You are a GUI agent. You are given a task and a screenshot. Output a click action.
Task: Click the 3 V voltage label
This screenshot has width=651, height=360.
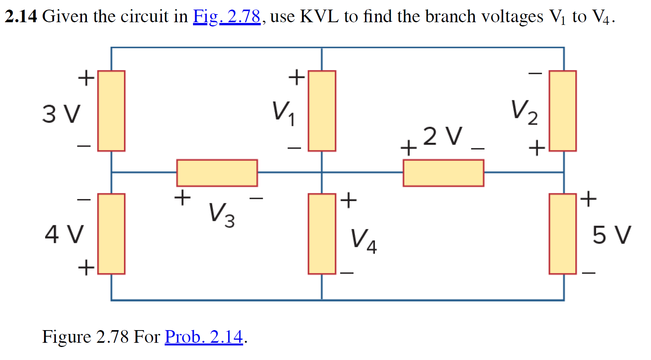pos(61,114)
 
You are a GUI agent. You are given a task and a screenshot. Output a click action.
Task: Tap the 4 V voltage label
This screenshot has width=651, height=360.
pos(64,234)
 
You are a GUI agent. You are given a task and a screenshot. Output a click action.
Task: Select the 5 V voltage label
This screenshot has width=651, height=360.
pos(611,235)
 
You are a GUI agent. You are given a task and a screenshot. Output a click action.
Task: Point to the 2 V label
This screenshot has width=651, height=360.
pos(443,136)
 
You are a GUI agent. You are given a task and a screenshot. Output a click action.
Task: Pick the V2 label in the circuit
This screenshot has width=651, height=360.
pos(524,112)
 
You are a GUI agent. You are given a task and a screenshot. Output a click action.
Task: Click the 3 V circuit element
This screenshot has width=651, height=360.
pos(111,111)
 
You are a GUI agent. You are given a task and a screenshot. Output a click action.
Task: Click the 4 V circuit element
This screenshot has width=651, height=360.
pos(111,234)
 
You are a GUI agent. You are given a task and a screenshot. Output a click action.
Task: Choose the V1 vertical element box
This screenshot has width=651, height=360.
pos(322,111)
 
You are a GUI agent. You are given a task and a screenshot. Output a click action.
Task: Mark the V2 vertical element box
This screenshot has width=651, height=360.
pos(563,111)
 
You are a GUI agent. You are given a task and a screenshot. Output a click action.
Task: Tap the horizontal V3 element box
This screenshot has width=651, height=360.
pos(217,173)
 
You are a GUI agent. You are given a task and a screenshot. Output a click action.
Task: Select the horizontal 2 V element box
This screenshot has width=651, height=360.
pos(443,173)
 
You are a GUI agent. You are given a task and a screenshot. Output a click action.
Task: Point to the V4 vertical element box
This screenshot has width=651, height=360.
pos(322,234)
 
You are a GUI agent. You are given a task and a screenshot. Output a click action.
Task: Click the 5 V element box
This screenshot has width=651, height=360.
pos(563,234)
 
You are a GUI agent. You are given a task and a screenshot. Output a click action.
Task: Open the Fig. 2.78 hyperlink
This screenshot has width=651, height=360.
pos(226,16)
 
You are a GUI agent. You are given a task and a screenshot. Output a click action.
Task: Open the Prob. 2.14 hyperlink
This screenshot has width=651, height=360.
pos(204,337)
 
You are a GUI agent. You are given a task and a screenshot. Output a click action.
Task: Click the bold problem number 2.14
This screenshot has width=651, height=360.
pos(21,16)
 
